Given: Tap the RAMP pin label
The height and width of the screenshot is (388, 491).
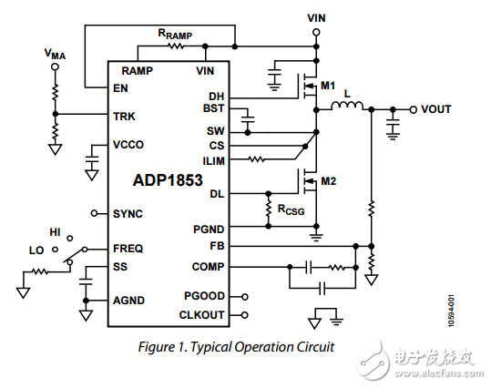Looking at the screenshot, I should (138, 70).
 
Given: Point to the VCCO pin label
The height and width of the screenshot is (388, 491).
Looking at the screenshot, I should (128, 145).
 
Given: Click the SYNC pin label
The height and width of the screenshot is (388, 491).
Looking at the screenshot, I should (128, 213).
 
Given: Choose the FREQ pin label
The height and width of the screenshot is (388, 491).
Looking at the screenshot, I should (128, 248).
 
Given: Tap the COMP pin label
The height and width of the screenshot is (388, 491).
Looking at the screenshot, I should (209, 267).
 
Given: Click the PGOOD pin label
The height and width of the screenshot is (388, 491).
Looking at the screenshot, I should (206, 297).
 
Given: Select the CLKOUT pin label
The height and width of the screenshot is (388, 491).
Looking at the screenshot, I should (203, 315).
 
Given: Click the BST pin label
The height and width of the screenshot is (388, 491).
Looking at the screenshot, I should (214, 108).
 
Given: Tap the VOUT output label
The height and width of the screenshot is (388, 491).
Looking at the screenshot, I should (436, 109).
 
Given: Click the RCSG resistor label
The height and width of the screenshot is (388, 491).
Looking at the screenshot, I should (292, 211).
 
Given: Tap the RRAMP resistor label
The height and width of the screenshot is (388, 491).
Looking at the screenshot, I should (175, 35).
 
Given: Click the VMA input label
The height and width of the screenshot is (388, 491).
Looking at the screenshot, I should (55, 54).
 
